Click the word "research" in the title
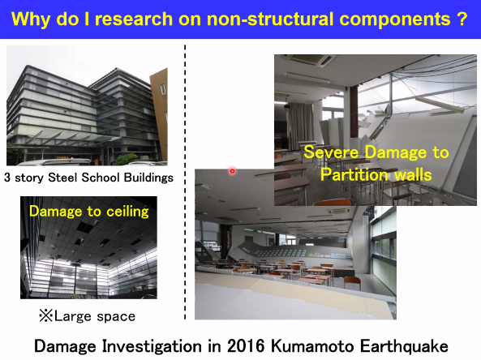pos(134,19)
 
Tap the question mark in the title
pos(461,19)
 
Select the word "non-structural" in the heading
pos(271,19)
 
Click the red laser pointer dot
pos(232,171)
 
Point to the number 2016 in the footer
pos(246,346)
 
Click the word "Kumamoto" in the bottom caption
pos(312,346)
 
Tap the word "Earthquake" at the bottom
pos(404,346)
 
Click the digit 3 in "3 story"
pos(7,178)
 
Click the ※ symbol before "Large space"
pos(46,316)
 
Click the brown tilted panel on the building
pos(160,114)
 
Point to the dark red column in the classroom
pos(354,111)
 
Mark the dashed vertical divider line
pos(185,182)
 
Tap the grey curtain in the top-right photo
pos(302,122)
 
